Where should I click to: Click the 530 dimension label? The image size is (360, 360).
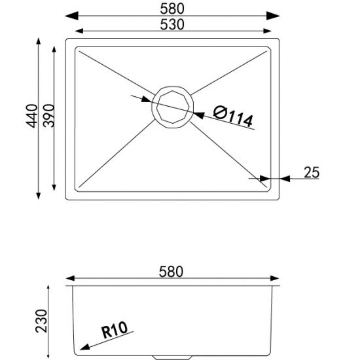(173, 24)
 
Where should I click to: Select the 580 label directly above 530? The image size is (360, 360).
(173, 9)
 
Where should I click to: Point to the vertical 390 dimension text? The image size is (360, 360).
(46, 117)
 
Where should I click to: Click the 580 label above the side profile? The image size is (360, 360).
(173, 270)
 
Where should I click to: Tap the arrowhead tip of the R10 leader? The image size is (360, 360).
(80, 350)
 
